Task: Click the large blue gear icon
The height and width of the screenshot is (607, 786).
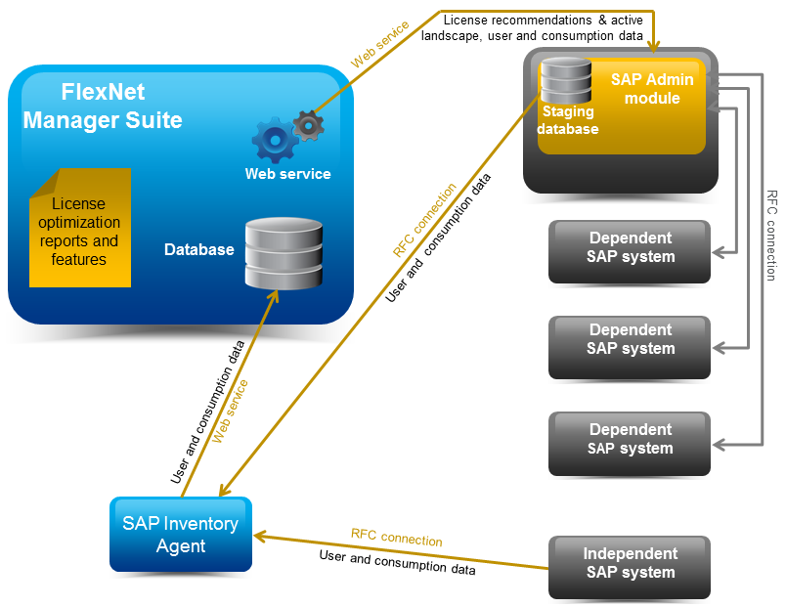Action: [275, 141]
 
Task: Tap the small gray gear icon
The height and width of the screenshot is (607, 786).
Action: [309, 125]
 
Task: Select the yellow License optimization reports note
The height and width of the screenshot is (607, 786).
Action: [79, 229]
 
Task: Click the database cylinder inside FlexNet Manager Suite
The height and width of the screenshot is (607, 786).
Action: [284, 252]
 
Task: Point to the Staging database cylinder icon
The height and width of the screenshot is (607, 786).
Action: [566, 81]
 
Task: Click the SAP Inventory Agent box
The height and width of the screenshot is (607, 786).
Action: [180, 535]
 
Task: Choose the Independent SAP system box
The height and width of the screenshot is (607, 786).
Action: [630, 564]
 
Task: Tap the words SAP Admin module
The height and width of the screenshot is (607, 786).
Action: [652, 89]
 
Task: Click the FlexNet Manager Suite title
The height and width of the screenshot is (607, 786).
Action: [103, 107]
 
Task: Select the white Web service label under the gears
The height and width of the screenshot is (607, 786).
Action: [287, 174]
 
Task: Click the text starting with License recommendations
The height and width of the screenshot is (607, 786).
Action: [531, 27]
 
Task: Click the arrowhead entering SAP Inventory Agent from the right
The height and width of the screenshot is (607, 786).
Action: [260, 535]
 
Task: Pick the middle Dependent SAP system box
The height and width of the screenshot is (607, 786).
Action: [630, 340]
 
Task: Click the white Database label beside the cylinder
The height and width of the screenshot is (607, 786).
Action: [199, 249]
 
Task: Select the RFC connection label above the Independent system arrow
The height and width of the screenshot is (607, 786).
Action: [396, 538]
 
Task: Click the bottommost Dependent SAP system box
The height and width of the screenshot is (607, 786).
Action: [630, 440]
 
